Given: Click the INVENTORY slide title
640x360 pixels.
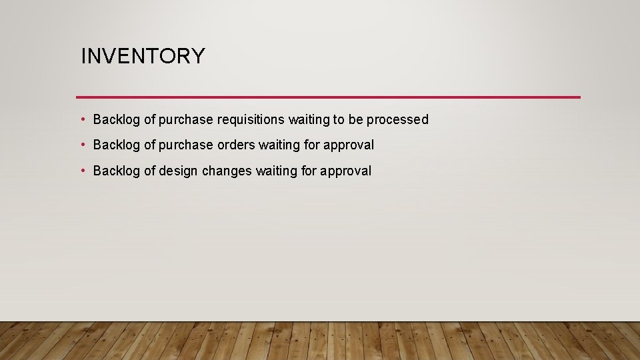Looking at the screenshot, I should coord(143,56).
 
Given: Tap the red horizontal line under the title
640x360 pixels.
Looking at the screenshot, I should coord(328,97).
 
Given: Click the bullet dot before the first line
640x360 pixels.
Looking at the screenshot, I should coord(83,119).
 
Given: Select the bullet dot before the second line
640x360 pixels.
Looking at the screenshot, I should coord(83,145).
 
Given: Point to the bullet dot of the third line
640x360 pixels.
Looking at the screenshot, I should coord(83,171).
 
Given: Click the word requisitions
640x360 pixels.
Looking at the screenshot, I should coord(251,120).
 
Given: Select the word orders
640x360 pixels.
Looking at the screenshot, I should coord(237,145).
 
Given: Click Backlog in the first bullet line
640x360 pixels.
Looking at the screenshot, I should coord(117,120).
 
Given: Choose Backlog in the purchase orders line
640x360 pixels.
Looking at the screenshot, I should coord(117,145).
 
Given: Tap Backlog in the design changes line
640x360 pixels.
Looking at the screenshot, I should coord(117,171).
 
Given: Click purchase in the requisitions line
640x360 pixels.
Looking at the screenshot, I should coord(186,120).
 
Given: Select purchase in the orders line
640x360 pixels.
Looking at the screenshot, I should coord(186,145).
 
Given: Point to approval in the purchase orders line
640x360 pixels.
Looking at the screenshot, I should coord(349,145).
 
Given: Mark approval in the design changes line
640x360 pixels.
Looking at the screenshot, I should coord(345,171).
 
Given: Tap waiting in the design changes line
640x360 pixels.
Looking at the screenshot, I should coord(277,171).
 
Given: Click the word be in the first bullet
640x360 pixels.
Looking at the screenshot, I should coord(355,120).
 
